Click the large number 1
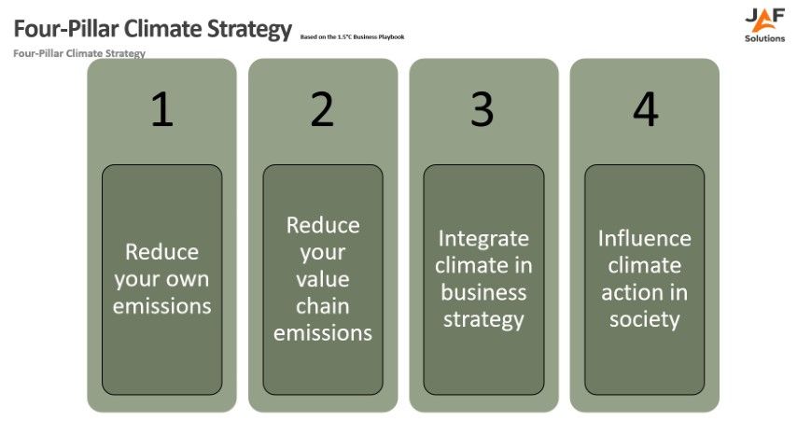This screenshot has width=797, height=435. [x=161, y=110]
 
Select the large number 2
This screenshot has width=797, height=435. [x=322, y=110]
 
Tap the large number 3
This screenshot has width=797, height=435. [x=482, y=110]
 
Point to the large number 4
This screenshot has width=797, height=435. [x=645, y=110]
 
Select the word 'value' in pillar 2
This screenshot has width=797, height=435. [x=322, y=279]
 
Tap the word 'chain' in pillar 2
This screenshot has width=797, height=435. [x=322, y=306]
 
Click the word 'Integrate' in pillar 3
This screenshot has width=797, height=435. [x=483, y=238]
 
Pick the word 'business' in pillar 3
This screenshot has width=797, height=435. [x=483, y=292]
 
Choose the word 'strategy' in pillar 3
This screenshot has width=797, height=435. [x=483, y=319]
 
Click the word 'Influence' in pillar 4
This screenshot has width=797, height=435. [x=645, y=238]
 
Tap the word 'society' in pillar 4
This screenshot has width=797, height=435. [x=645, y=319]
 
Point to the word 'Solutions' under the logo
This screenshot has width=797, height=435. [x=764, y=38]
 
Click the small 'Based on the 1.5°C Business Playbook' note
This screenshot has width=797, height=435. [x=352, y=37]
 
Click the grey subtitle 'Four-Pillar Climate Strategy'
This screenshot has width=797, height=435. [x=79, y=53]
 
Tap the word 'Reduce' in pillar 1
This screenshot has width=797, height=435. [x=161, y=252]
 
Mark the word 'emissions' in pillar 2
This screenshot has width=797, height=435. [x=322, y=333]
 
